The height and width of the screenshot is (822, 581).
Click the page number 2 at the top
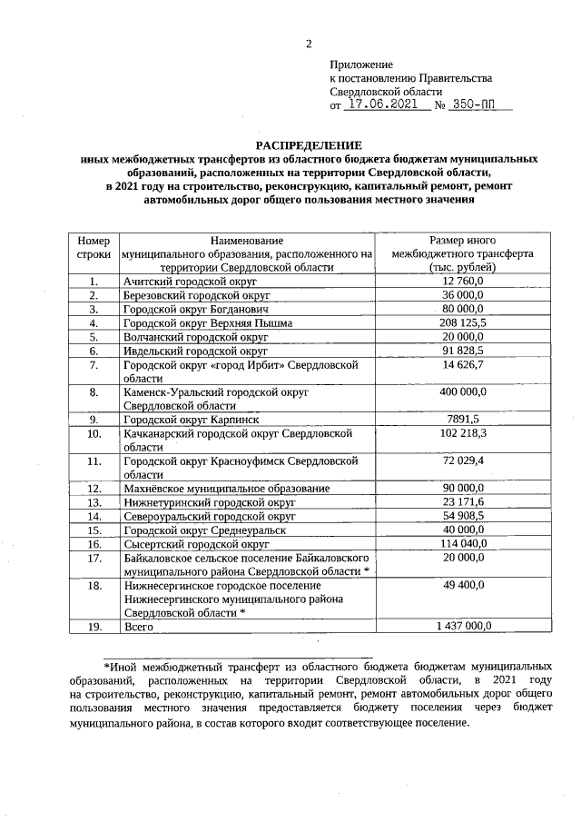[308, 44]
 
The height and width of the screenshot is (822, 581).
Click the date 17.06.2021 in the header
[381, 104]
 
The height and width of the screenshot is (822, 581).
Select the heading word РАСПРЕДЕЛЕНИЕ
[308, 145]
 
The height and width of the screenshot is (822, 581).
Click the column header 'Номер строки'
[94, 247]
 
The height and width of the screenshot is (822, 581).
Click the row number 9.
[94, 419]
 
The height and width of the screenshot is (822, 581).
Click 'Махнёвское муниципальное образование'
[226, 488]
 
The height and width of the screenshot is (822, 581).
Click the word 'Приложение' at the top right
[361, 64]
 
